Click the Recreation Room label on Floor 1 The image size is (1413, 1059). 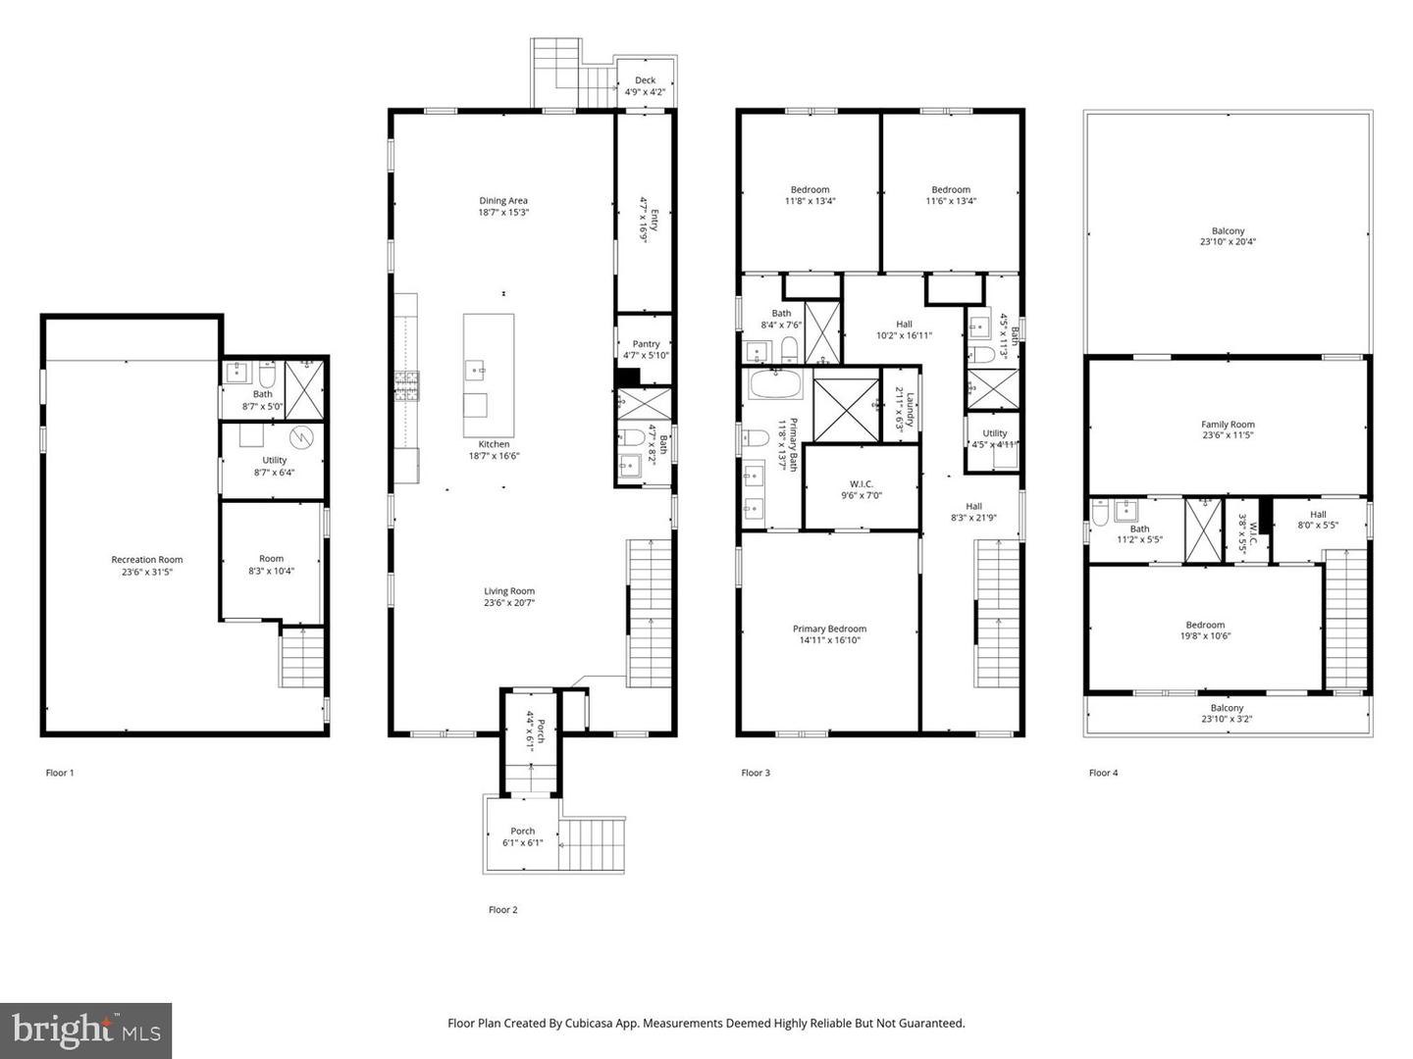point(146,560)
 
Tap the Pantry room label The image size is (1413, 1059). point(646,344)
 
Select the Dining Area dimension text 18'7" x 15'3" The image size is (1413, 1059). point(503,212)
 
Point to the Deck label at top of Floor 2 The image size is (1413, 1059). point(645,80)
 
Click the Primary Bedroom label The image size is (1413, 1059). point(829,629)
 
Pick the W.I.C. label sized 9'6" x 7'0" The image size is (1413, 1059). point(861,483)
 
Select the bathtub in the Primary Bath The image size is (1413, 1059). point(775,382)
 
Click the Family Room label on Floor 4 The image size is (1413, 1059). point(1228,425)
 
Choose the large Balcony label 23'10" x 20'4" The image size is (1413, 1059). point(1228,231)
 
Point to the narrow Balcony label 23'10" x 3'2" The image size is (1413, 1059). point(1227,708)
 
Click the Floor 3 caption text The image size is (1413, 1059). point(756,773)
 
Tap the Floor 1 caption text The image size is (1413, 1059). point(60,773)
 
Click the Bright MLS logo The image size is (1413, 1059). point(86,1031)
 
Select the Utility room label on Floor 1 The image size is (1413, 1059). point(275,460)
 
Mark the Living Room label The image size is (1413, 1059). point(509,591)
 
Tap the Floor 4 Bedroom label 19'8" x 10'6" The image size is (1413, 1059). point(1205,625)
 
